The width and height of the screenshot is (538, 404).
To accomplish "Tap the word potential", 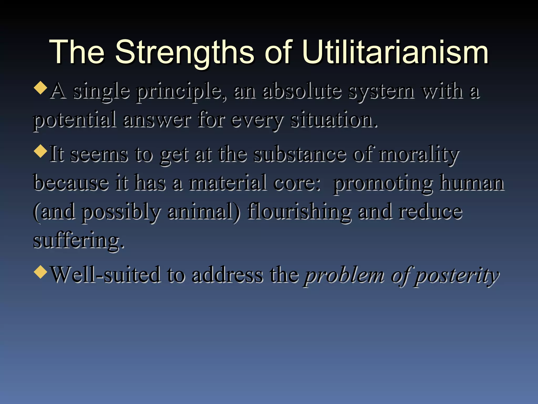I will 75,120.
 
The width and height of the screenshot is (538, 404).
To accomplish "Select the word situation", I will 334,120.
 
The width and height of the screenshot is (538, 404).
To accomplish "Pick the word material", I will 227,183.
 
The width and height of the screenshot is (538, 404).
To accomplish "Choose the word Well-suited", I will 105,275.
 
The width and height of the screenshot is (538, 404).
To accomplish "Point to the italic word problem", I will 344,276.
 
